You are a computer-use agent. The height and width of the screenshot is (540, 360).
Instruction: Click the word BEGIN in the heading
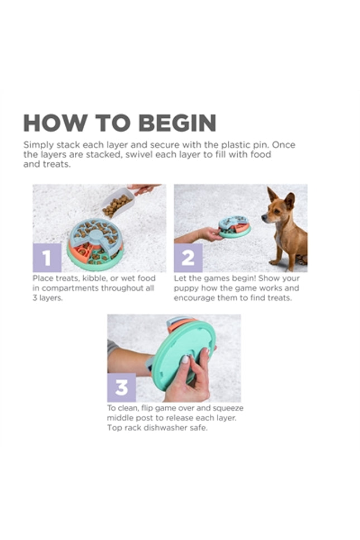177,123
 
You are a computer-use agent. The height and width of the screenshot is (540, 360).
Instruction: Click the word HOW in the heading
55,123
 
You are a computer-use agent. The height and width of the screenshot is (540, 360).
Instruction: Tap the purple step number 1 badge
47,257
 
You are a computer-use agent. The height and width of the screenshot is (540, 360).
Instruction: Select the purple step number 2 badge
188,257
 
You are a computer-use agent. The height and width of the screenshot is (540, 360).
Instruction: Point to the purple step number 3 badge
122,388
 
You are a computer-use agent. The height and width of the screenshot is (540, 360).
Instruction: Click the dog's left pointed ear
272,194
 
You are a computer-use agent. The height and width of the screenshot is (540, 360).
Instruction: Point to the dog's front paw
274,262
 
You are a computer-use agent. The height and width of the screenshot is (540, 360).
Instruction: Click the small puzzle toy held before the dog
235,227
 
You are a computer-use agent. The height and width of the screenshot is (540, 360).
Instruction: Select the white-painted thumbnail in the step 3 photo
185,360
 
